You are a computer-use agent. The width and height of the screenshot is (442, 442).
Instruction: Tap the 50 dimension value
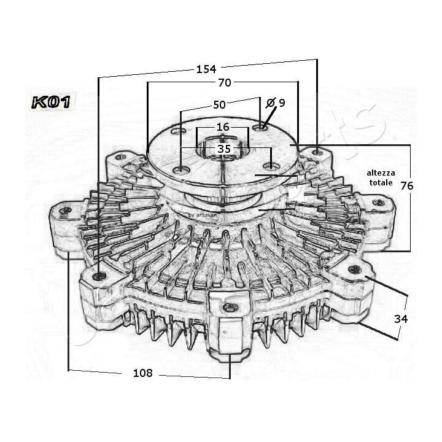[219, 105]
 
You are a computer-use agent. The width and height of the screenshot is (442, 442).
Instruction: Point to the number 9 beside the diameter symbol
[282, 103]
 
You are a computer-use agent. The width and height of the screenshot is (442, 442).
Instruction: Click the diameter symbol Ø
[270, 103]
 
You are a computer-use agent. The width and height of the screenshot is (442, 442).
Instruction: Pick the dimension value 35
[224, 149]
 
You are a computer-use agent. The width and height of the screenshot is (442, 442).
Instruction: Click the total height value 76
[407, 186]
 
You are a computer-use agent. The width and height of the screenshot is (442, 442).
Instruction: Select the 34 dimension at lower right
[401, 319]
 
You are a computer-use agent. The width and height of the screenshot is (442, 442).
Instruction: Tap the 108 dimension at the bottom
[142, 373]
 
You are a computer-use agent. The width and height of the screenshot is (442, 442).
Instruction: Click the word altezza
[381, 173]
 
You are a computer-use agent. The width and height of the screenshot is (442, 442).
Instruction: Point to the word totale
[379, 184]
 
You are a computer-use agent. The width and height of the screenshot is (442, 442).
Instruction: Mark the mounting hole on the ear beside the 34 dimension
[353, 269]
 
